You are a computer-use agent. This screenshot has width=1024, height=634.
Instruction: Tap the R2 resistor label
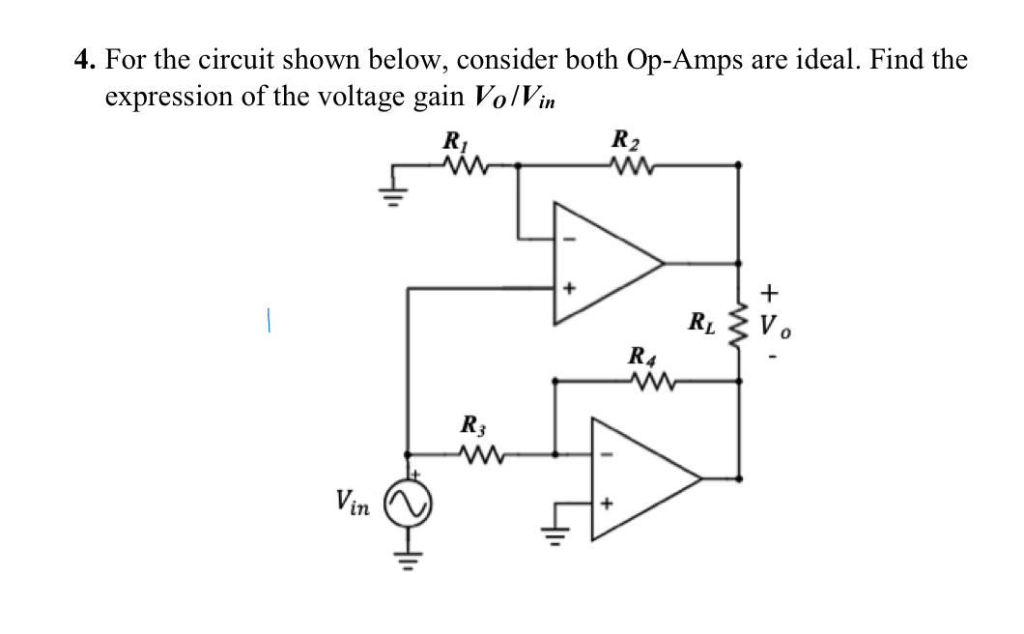[x=626, y=141]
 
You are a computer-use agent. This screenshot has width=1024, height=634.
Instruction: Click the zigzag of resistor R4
[x=646, y=381]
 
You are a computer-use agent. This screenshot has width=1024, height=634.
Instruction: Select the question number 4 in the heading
[x=86, y=61]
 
